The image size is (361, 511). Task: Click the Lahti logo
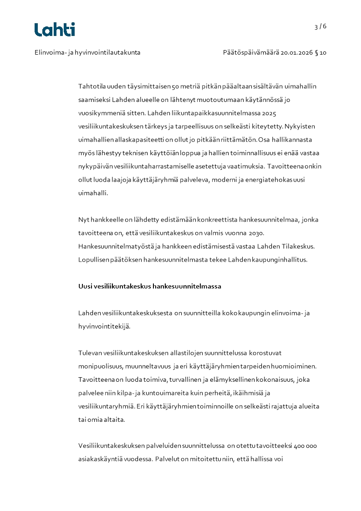click(x=55, y=30)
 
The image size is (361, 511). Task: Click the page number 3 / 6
click(x=320, y=26)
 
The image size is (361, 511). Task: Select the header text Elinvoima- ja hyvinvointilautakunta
click(x=87, y=52)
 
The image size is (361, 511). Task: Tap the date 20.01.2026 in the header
click(x=296, y=52)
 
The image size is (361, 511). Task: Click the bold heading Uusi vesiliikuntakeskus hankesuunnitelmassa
click(x=150, y=286)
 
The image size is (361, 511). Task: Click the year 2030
click(x=256, y=233)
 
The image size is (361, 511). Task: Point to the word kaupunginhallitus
click(x=280, y=259)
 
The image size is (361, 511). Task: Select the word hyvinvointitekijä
click(x=104, y=326)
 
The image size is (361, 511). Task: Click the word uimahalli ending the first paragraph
click(x=93, y=193)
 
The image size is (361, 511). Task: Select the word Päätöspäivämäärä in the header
click(x=250, y=52)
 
